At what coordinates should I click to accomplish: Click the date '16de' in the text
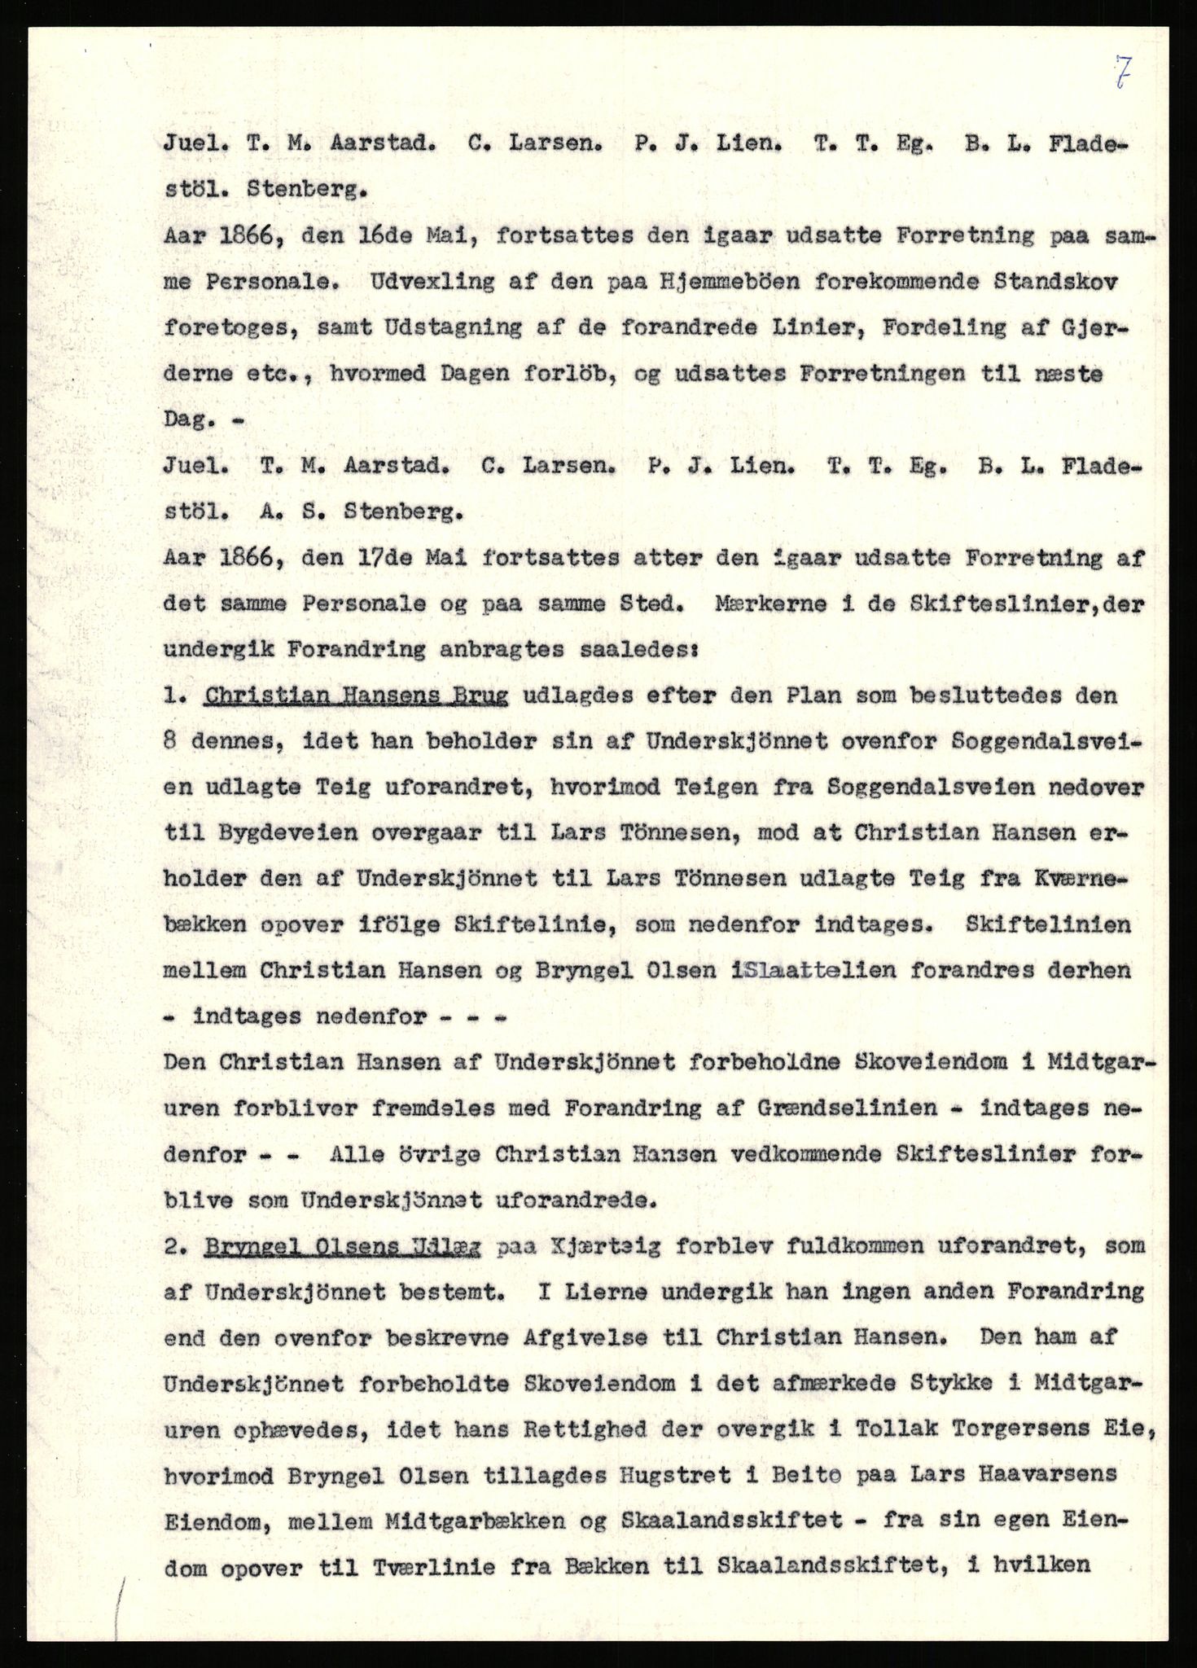point(357,238)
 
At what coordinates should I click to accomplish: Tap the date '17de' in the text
point(359,559)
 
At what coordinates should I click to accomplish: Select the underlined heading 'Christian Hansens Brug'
point(357,697)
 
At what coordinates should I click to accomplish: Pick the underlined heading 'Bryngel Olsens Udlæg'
point(343,1247)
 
